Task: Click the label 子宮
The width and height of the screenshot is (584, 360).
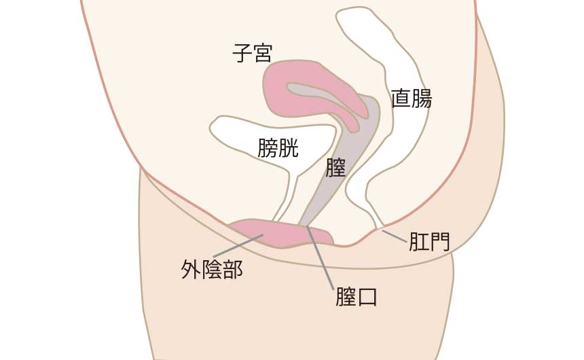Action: pyautogui.click(x=253, y=53)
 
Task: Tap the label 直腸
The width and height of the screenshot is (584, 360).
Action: pyautogui.click(x=412, y=98)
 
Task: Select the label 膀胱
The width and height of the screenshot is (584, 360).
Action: pyautogui.click(x=278, y=148)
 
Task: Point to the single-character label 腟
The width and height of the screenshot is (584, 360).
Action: pyautogui.click(x=336, y=167)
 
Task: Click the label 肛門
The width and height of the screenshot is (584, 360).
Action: pyautogui.click(x=429, y=242)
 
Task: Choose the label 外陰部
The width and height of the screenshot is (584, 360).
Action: pyautogui.click(x=212, y=269)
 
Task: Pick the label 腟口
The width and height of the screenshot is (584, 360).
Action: pyautogui.click(x=357, y=296)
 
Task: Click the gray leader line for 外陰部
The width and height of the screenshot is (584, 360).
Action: pyautogui.click(x=238, y=246)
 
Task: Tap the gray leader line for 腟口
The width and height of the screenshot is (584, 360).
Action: pyautogui.click(x=320, y=257)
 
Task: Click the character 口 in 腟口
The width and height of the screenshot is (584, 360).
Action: pyautogui.click(x=367, y=297)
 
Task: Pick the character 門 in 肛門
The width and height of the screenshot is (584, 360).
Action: pyautogui.click(x=440, y=242)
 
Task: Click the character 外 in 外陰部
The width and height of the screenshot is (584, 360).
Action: pyautogui.click(x=191, y=270)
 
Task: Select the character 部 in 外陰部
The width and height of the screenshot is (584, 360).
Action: pyautogui.click(x=233, y=269)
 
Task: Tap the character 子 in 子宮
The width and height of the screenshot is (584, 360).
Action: pyautogui.click(x=242, y=53)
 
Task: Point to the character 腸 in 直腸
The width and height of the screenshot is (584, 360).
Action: pyautogui.click(x=422, y=98)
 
